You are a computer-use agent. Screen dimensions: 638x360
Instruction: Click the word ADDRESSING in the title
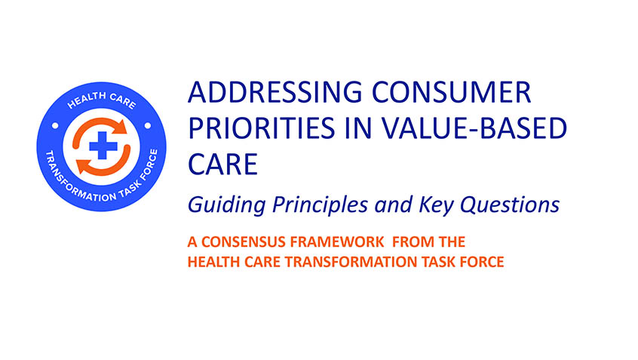(x=275, y=92)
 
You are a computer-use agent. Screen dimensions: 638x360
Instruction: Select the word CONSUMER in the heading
(x=452, y=92)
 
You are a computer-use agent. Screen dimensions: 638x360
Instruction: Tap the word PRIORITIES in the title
(x=262, y=128)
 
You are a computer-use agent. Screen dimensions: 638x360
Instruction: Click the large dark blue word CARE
(x=222, y=164)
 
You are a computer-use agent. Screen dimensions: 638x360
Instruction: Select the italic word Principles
(x=320, y=205)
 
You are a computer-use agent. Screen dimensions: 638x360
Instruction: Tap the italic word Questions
(x=510, y=205)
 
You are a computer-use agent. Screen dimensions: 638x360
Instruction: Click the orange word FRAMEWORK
(x=337, y=242)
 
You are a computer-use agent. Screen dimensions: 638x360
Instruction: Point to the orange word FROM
(x=408, y=242)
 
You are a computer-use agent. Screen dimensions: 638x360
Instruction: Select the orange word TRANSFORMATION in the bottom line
(x=351, y=261)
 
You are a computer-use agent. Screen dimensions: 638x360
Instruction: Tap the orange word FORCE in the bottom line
(x=482, y=261)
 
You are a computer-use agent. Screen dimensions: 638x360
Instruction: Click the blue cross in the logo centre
(x=103, y=146)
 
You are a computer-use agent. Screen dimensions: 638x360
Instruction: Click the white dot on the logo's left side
(x=55, y=126)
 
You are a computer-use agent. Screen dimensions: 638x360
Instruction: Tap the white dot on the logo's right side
(x=148, y=126)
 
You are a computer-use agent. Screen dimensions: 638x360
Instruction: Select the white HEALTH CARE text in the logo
(x=101, y=100)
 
